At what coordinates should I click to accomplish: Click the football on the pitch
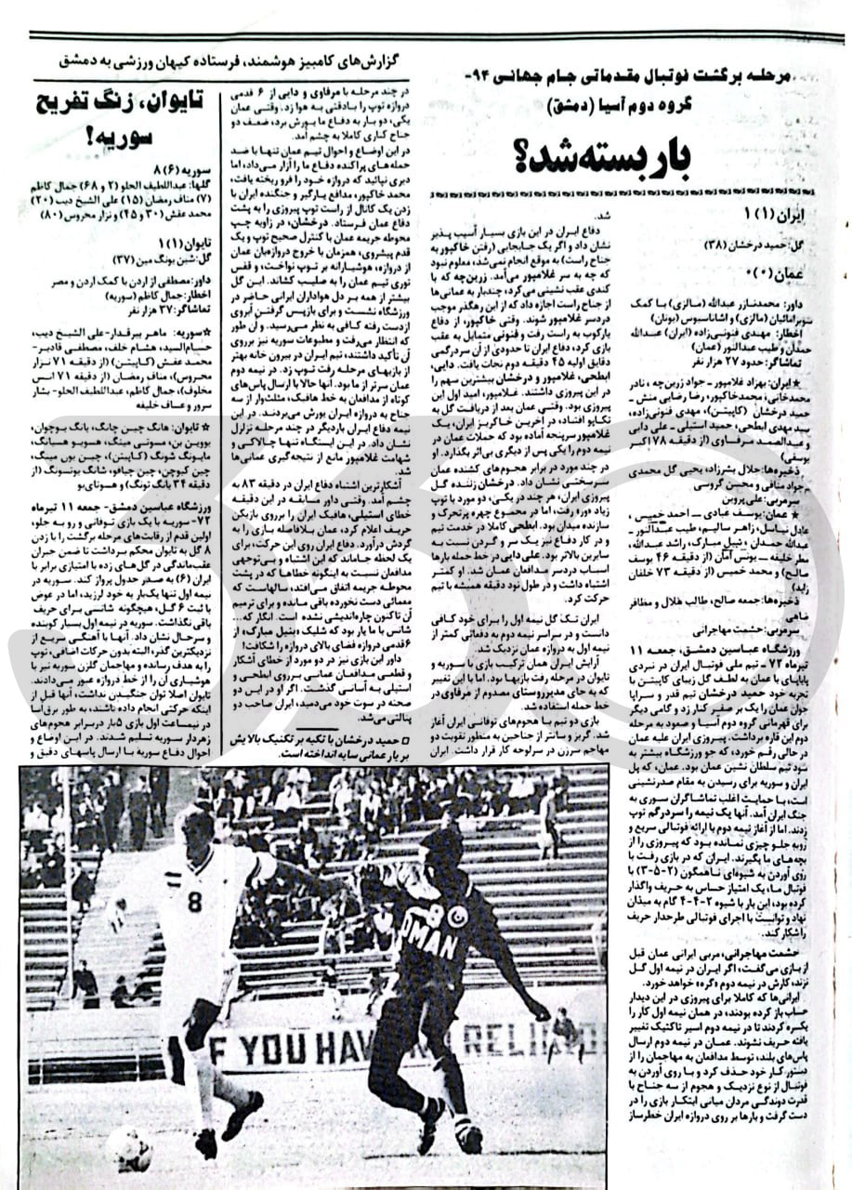(129, 1150)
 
